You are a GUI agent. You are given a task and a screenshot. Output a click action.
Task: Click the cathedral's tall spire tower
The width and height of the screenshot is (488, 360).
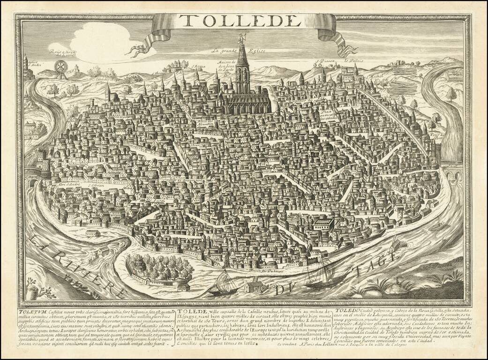(x=242, y=63)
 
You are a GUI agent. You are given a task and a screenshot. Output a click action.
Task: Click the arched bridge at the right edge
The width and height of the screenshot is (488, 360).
(x=451, y=177)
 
